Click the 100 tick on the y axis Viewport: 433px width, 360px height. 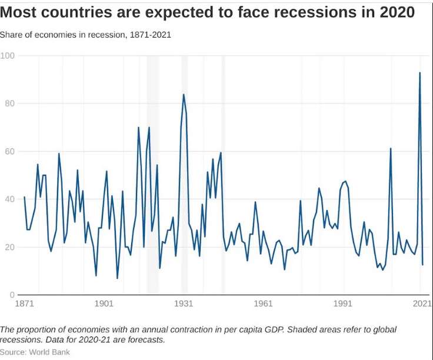pyautogui.click(x=8, y=56)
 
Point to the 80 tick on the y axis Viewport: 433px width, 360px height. pyautogui.click(x=8, y=104)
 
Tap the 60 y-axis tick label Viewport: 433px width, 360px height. pyautogui.click(x=8, y=152)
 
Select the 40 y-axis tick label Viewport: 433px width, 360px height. pyautogui.click(x=8, y=199)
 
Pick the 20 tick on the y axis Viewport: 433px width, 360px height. pyautogui.click(x=8, y=247)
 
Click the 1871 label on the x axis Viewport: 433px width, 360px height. pyautogui.click(x=24, y=304)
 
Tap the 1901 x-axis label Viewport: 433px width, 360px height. pyautogui.click(x=104, y=304)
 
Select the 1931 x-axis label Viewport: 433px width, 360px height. pyautogui.click(x=184, y=304)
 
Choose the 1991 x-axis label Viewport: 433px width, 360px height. pyautogui.click(x=343, y=304)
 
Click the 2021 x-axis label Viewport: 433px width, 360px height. pyautogui.click(x=421, y=304)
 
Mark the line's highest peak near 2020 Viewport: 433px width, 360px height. pyautogui.click(x=419, y=73)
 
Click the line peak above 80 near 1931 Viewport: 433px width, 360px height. pyautogui.click(x=184, y=95)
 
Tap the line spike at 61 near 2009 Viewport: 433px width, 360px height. pyautogui.click(x=391, y=148)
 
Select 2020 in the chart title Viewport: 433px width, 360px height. pyautogui.click(x=395, y=12)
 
